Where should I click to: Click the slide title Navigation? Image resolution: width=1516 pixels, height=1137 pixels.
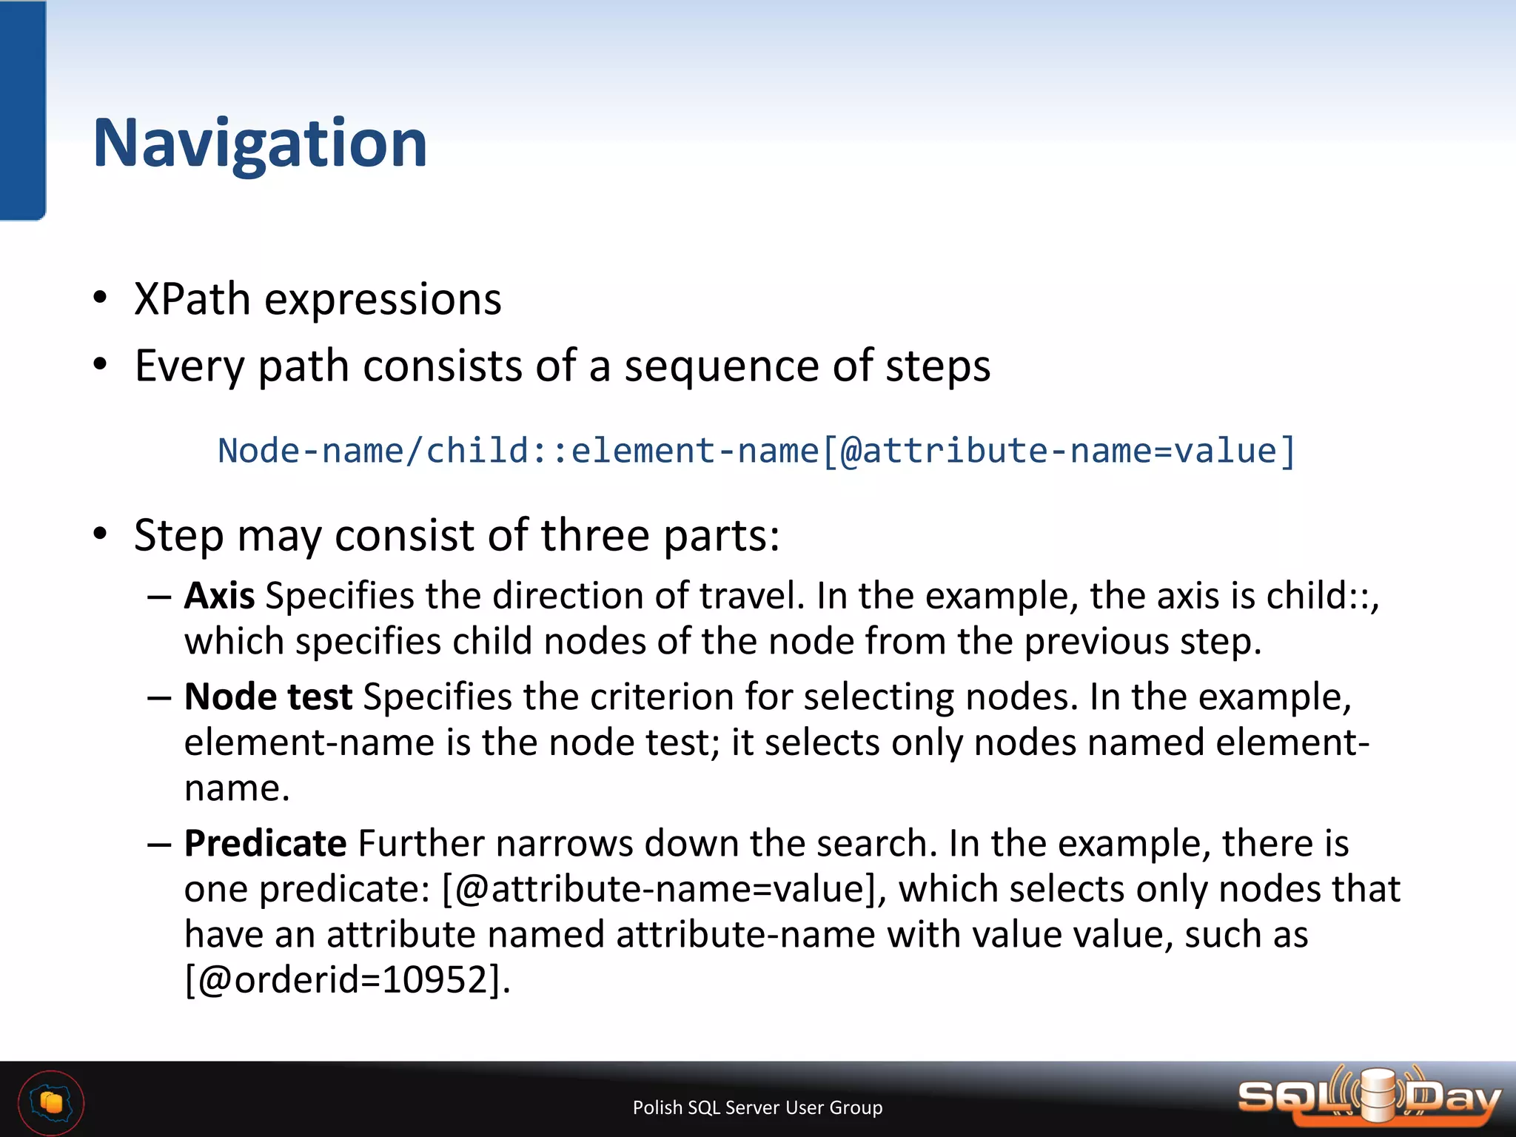click(x=260, y=144)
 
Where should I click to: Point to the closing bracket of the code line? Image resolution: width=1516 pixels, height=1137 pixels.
click(x=1288, y=452)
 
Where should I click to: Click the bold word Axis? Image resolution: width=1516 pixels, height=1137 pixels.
click(x=219, y=596)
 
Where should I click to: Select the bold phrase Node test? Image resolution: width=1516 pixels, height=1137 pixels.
click(x=268, y=697)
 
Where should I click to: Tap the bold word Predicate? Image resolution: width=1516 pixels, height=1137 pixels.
click(x=265, y=844)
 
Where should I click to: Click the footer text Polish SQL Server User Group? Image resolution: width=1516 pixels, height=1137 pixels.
click(x=757, y=1107)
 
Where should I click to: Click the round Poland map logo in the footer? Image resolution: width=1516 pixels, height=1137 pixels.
click(x=51, y=1103)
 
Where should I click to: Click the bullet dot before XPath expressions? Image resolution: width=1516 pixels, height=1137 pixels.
click(x=100, y=298)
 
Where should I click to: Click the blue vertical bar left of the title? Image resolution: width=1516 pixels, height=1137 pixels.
click(x=22, y=111)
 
